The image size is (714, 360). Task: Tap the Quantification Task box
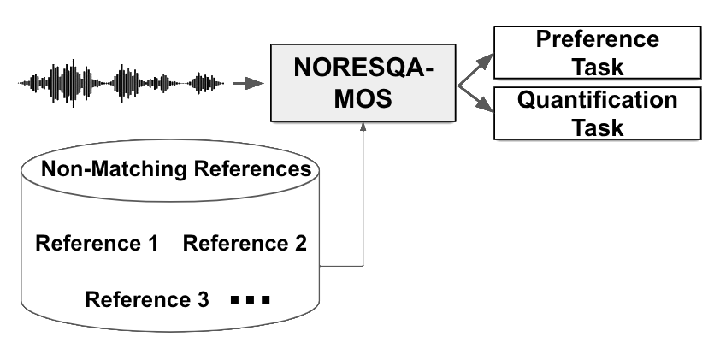[x=597, y=114]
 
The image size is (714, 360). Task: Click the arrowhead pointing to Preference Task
[x=488, y=60]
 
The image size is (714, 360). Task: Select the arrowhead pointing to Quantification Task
[x=488, y=106]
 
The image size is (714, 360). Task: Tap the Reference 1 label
[x=97, y=244]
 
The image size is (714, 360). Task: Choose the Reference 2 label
[x=245, y=244]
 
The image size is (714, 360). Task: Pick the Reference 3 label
[x=147, y=300]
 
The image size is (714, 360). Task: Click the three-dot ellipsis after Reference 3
[x=250, y=301]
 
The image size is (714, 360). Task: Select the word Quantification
[x=597, y=101]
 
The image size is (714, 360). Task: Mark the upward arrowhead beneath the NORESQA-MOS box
[x=364, y=126]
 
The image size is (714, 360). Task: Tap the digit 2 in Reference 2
[x=300, y=244]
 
